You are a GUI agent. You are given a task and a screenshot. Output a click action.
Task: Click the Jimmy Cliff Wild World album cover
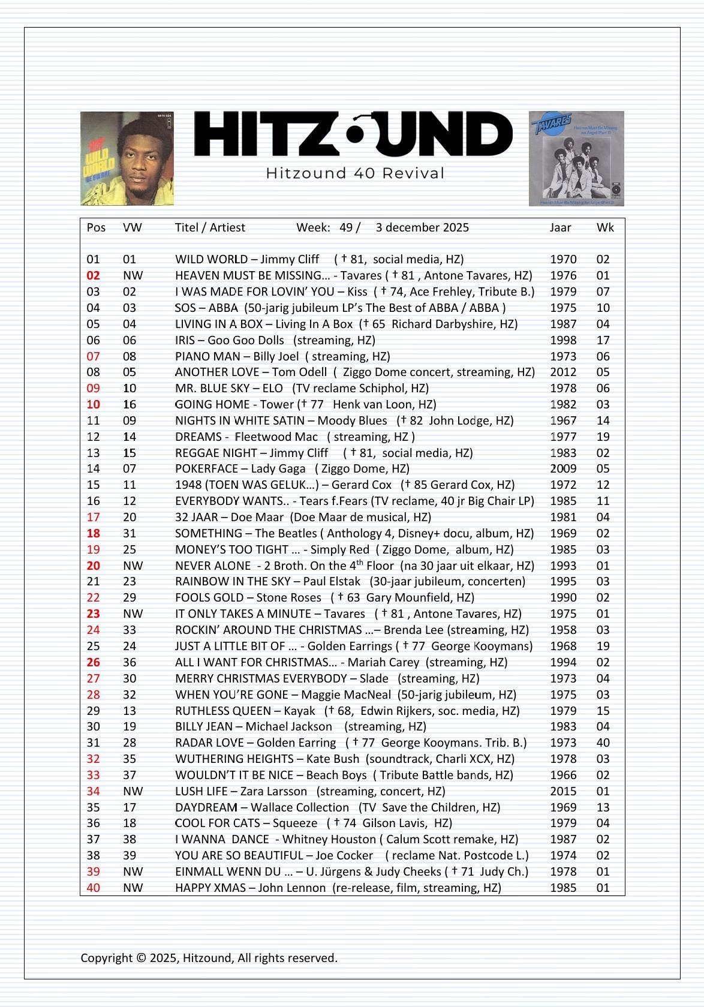pyautogui.click(x=127, y=158)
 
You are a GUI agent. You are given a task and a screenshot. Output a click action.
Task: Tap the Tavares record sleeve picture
pyautogui.click(x=576, y=158)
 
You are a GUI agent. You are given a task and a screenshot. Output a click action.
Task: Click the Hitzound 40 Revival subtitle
pyautogui.click(x=354, y=174)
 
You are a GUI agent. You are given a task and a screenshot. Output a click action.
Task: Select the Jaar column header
pyautogui.click(x=560, y=227)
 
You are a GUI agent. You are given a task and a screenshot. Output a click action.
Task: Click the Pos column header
pyautogui.click(x=96, y=227)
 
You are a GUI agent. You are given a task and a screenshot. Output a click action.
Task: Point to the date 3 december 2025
pyautogui.click(x=422, y=227)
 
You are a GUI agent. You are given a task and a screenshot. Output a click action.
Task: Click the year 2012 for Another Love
pyautogui.click(x=563, y=372)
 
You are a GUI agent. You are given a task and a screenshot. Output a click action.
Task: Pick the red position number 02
pyautogui.click(x=94, y=275)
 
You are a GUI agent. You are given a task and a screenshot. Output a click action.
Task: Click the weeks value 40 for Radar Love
pyautogui.click(x=603, y=743)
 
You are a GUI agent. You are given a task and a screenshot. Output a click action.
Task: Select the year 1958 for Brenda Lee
pyautogui.click(x=563, y=630)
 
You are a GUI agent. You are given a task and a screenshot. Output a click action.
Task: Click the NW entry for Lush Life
pyautogui.click(x=133, y=791)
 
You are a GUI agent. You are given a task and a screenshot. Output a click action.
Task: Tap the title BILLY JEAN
pyautogui.click(x=204, y=726)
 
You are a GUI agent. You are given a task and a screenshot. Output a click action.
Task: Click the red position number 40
pyautogui.click(x=94, y=888)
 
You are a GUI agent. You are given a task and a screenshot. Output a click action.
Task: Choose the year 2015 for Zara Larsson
pyautogui.click(x=563, y=791)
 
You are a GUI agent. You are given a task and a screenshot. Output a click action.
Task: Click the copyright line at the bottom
pyautogui.click(x=209, y=958)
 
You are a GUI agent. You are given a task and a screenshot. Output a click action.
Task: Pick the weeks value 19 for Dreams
pyautogui.click(x=603, y=437)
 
